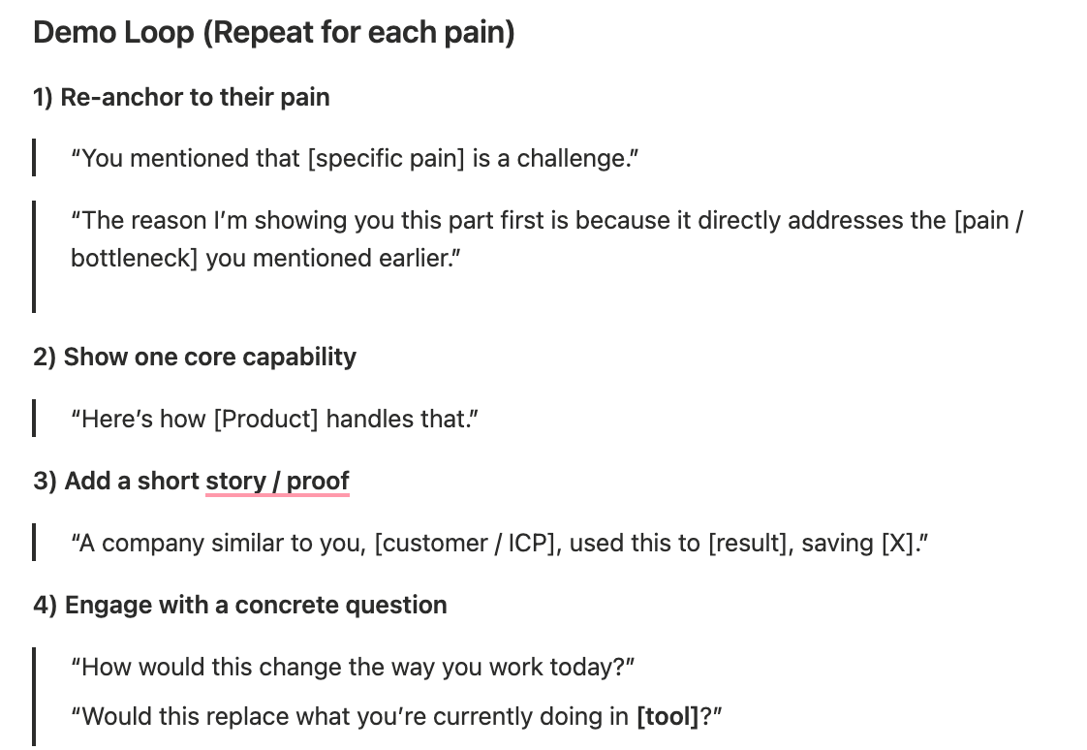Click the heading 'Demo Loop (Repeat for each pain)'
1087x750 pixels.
pos(274,33)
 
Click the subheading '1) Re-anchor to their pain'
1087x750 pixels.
pos(181,97)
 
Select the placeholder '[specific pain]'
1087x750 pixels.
pos(387,159)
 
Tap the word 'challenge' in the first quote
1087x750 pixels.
pos(572,159)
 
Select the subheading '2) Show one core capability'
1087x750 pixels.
pos(195,357)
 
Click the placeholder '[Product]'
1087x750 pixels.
pos(266,420)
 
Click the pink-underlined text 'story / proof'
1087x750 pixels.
pos(277,481)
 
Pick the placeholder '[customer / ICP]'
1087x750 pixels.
pos(468,544)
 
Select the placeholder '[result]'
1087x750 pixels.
pos(751,544)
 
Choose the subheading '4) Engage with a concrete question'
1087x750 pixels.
pos(240,605)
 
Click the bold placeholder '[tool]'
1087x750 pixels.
pos(668,717)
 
